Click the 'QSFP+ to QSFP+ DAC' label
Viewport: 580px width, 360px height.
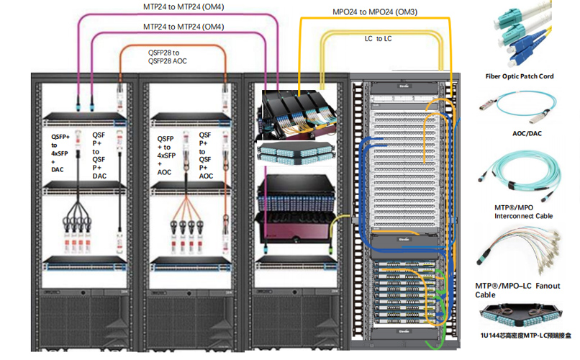(x=100, y=154)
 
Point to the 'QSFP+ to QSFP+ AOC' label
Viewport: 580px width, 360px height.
(x=207, y=154)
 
